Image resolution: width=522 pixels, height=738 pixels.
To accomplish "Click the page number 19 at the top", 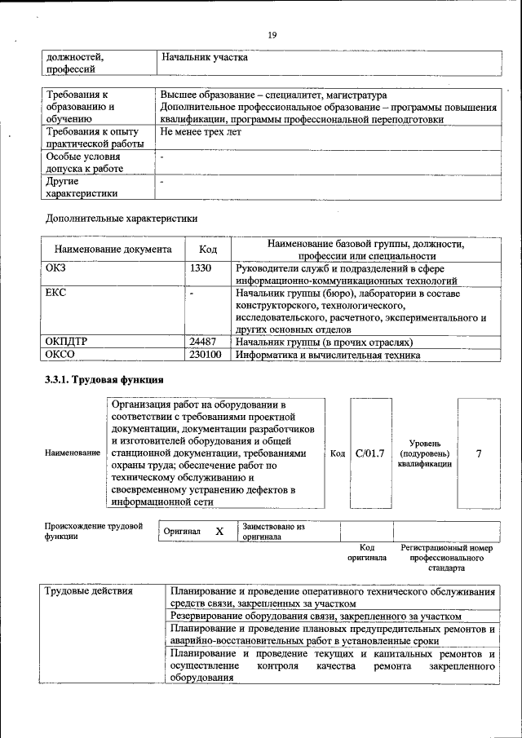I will [272, 33].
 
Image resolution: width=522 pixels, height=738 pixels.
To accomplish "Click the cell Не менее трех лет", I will [201, 131].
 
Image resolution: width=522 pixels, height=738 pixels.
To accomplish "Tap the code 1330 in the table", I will [201, 267].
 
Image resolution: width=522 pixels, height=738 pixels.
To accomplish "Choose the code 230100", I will [206, 355].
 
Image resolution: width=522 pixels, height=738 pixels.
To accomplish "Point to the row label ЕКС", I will [56, 292].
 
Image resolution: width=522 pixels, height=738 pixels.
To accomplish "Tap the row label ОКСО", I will [61, 355].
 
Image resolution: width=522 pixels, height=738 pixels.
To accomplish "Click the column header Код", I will [208, 250].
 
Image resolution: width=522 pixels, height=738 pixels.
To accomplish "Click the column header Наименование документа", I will [113, 250].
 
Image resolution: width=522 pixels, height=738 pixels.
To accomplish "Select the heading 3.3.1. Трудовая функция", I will [104, 380].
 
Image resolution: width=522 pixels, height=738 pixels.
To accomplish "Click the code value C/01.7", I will [369, 453].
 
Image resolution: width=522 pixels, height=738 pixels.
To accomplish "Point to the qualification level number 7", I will [478, 453].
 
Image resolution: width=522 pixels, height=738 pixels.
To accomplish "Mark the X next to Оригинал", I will [219, 532].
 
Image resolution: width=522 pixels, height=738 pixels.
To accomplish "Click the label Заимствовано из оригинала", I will [272, 532].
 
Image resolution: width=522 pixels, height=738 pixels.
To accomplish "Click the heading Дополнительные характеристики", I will [122, 219].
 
